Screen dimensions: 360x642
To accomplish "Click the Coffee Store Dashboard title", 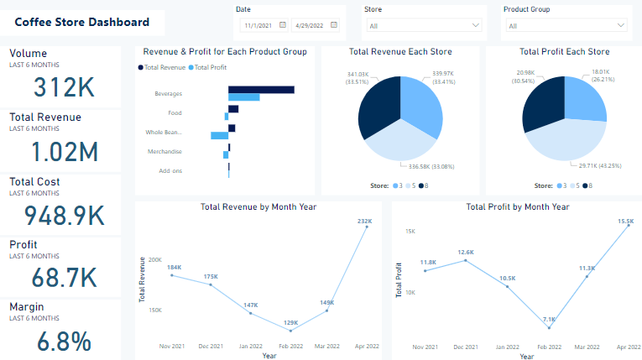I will [82, 23].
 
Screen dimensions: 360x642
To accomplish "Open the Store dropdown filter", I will [423, 26].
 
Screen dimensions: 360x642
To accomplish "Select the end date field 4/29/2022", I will [317, 25].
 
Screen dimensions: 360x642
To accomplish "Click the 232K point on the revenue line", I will [367, 227].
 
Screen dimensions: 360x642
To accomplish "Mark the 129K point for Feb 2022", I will [290, 331].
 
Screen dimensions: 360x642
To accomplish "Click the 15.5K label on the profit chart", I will [625, 222].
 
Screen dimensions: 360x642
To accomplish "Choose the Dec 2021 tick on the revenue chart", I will [211, 346].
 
